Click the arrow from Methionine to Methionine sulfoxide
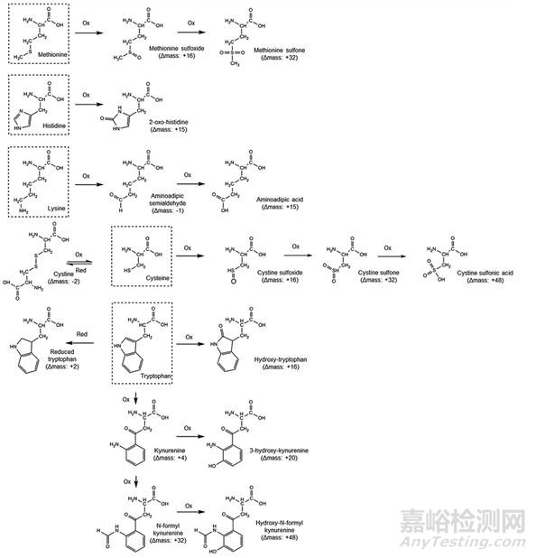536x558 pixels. [x=87, y=33]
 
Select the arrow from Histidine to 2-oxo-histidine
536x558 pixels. [x=87, y=105]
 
